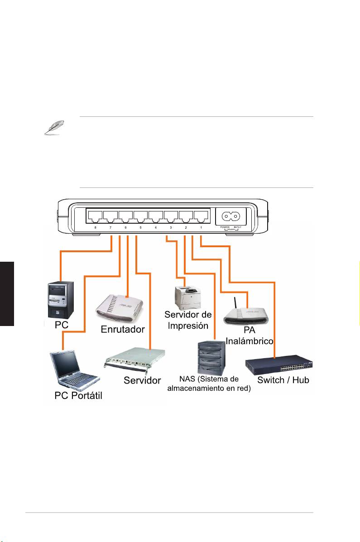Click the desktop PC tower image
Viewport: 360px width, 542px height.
coord(60,299)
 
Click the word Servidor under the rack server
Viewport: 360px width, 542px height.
coord(142,380)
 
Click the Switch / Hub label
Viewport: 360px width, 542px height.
coord(283,380)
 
